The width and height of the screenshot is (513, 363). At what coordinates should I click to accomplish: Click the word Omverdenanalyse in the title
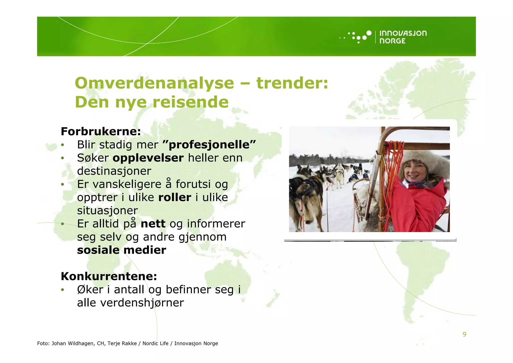coord(154,83)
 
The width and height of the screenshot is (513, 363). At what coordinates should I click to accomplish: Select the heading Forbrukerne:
coord(101,132)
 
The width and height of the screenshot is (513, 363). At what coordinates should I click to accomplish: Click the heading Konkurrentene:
coord(109,276)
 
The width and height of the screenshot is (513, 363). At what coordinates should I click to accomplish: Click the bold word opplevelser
coord(148,158)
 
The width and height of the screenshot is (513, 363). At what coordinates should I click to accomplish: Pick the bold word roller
coord(175,197)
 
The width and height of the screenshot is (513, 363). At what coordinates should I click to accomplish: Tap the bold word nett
coord(153,224)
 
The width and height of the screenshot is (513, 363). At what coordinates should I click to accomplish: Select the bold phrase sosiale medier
coord(121,250)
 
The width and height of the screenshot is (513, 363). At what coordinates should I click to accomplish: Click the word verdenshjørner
coord(142,303)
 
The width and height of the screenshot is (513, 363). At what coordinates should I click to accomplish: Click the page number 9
coord(464,334)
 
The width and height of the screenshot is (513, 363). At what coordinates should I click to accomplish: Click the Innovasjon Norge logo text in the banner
coord(403,37)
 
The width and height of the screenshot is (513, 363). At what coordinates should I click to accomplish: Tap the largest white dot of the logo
coord(369,33)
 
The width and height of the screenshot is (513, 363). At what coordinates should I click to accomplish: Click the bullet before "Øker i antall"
coord(63,290)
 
